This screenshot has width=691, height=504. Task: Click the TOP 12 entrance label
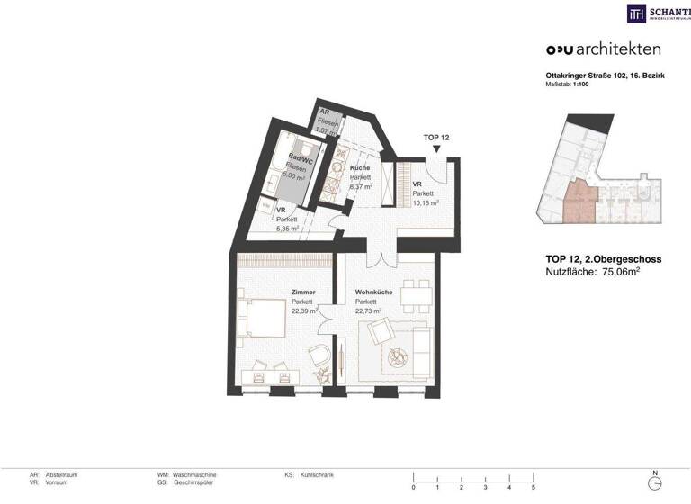436,137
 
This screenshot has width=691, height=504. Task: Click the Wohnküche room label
372,292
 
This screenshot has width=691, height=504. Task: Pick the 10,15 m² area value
426,203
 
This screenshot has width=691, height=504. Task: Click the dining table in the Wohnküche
416,292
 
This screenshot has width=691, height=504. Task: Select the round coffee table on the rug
397,359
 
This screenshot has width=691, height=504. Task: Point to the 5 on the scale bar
533,488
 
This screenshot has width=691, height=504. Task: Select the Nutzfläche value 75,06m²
629,271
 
